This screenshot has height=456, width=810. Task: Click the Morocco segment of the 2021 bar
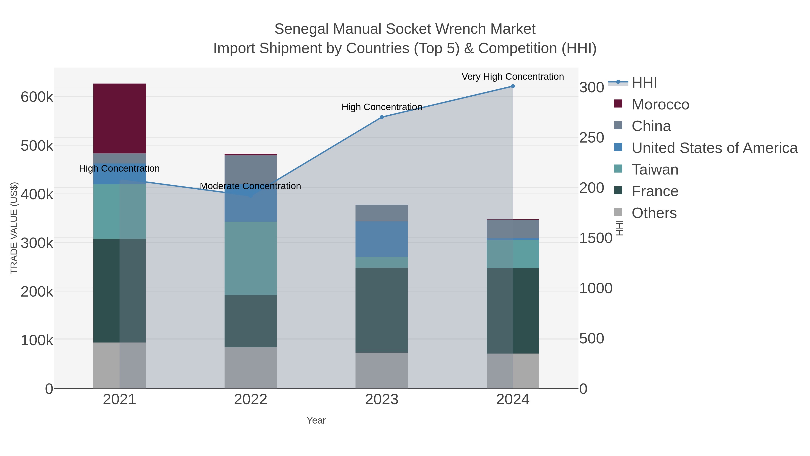(x=119, y=118)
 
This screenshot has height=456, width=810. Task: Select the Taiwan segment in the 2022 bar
(x=251, y=258)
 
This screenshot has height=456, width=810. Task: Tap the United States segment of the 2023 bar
(x=381, y=239)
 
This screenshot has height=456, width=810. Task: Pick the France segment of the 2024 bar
(x=513, y=311)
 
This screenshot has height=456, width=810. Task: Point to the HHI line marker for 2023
(x=382, y=117)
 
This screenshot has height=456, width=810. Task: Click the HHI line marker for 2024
(x=513, y=86)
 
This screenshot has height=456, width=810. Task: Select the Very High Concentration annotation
(x=513, y=77)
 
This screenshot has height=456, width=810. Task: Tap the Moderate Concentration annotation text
(x=250, y=186)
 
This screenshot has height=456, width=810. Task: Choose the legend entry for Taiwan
(x=655, y=170)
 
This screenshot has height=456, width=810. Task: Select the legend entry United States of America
(x=714, y=148)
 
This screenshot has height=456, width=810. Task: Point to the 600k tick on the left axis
(x=37, y=97)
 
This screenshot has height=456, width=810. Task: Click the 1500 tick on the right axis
(x=596, y=238)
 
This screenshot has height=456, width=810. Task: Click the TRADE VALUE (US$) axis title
(x=14, y=228)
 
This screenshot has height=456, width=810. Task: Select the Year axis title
(x=316, y=420)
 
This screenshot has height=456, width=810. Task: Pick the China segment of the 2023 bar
(x=381, y=213)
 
